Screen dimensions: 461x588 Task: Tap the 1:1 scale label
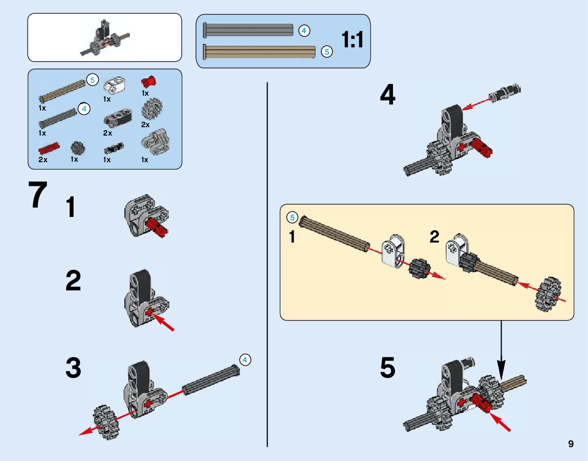[352, 40]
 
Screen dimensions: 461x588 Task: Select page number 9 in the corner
[571, 444]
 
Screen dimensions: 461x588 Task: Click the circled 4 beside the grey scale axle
[304, 31]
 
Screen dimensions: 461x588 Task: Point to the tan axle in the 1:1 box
[260, 51]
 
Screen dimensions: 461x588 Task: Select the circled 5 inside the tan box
[292, 217]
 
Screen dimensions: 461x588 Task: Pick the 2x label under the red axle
[43, 160]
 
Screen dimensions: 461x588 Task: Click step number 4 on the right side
[388, 95]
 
